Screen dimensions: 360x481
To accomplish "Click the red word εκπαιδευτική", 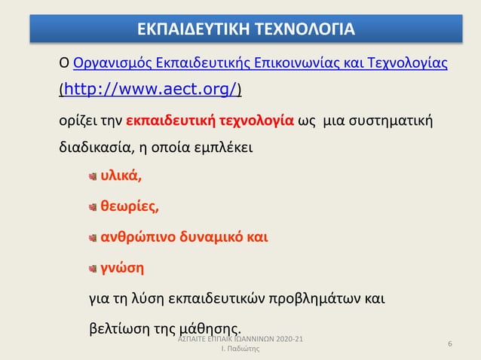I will point(169,120).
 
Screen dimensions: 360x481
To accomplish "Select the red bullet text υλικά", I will point(121,177).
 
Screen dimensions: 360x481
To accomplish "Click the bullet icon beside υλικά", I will point(92,178).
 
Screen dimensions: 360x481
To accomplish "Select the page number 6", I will point(449,344).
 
